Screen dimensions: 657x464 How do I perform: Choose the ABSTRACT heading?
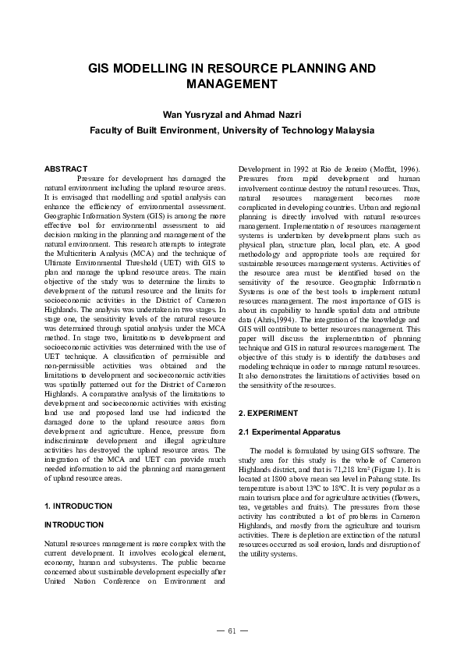[x=66, y=169]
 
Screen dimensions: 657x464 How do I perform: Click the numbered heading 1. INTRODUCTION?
[x=78, y=506]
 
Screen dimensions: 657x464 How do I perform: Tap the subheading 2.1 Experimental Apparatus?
[x=283, y=431]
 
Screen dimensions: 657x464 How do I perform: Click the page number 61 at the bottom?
[x=232, y=631]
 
